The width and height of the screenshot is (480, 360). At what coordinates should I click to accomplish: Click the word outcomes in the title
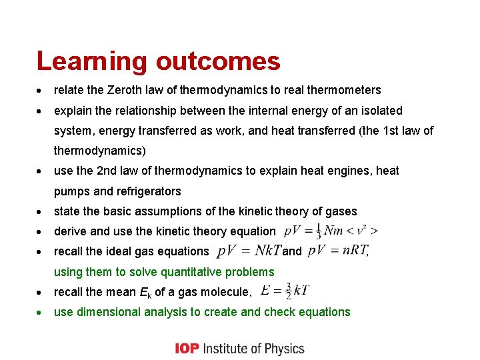pyautogui.click(x=218, y=62)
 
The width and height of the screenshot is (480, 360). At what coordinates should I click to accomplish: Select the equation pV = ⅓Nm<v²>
pyautogui.click(x=331, y=231)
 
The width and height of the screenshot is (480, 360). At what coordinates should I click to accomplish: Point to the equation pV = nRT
pyautogui.click(x=337, y=251)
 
